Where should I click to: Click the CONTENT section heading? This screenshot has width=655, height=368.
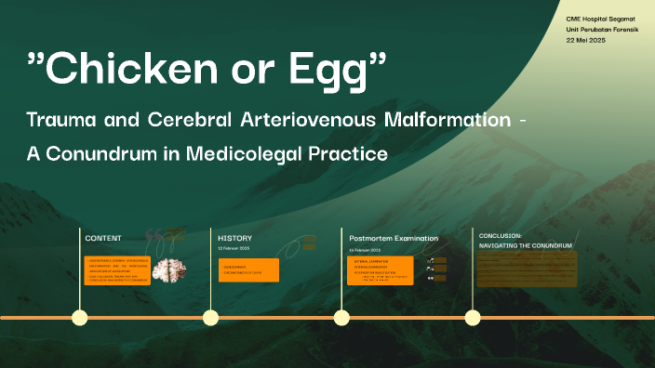(103, 238)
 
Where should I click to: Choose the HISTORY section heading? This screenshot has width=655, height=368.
(234, 238)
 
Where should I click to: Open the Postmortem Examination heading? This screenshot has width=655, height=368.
(394, 238)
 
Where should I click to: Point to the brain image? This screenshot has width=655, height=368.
(169, 270)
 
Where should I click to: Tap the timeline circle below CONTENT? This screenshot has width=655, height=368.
(80, 318)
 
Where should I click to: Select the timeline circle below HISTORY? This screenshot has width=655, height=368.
(211, 318)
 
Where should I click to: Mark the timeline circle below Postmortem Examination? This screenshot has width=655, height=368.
(341, 318)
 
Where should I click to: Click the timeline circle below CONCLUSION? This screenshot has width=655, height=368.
(473, 318)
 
